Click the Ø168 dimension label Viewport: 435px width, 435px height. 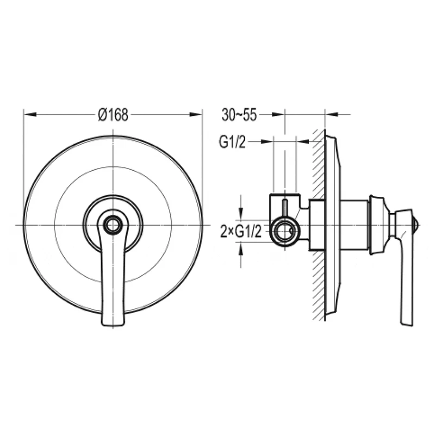pyautogui.click(x=113, y=114)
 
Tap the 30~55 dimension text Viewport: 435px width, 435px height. pyautogui.click(x=239, y=115)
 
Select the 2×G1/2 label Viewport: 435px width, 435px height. pyautogui.click(x=241, y=232)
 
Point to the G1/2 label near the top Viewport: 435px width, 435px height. pyautogui.click(x=232, y=142)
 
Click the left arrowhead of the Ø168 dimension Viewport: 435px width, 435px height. pyautogui.click(x=30, y=114)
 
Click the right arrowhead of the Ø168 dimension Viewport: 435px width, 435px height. pyautogui.click(x=196, y=114)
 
